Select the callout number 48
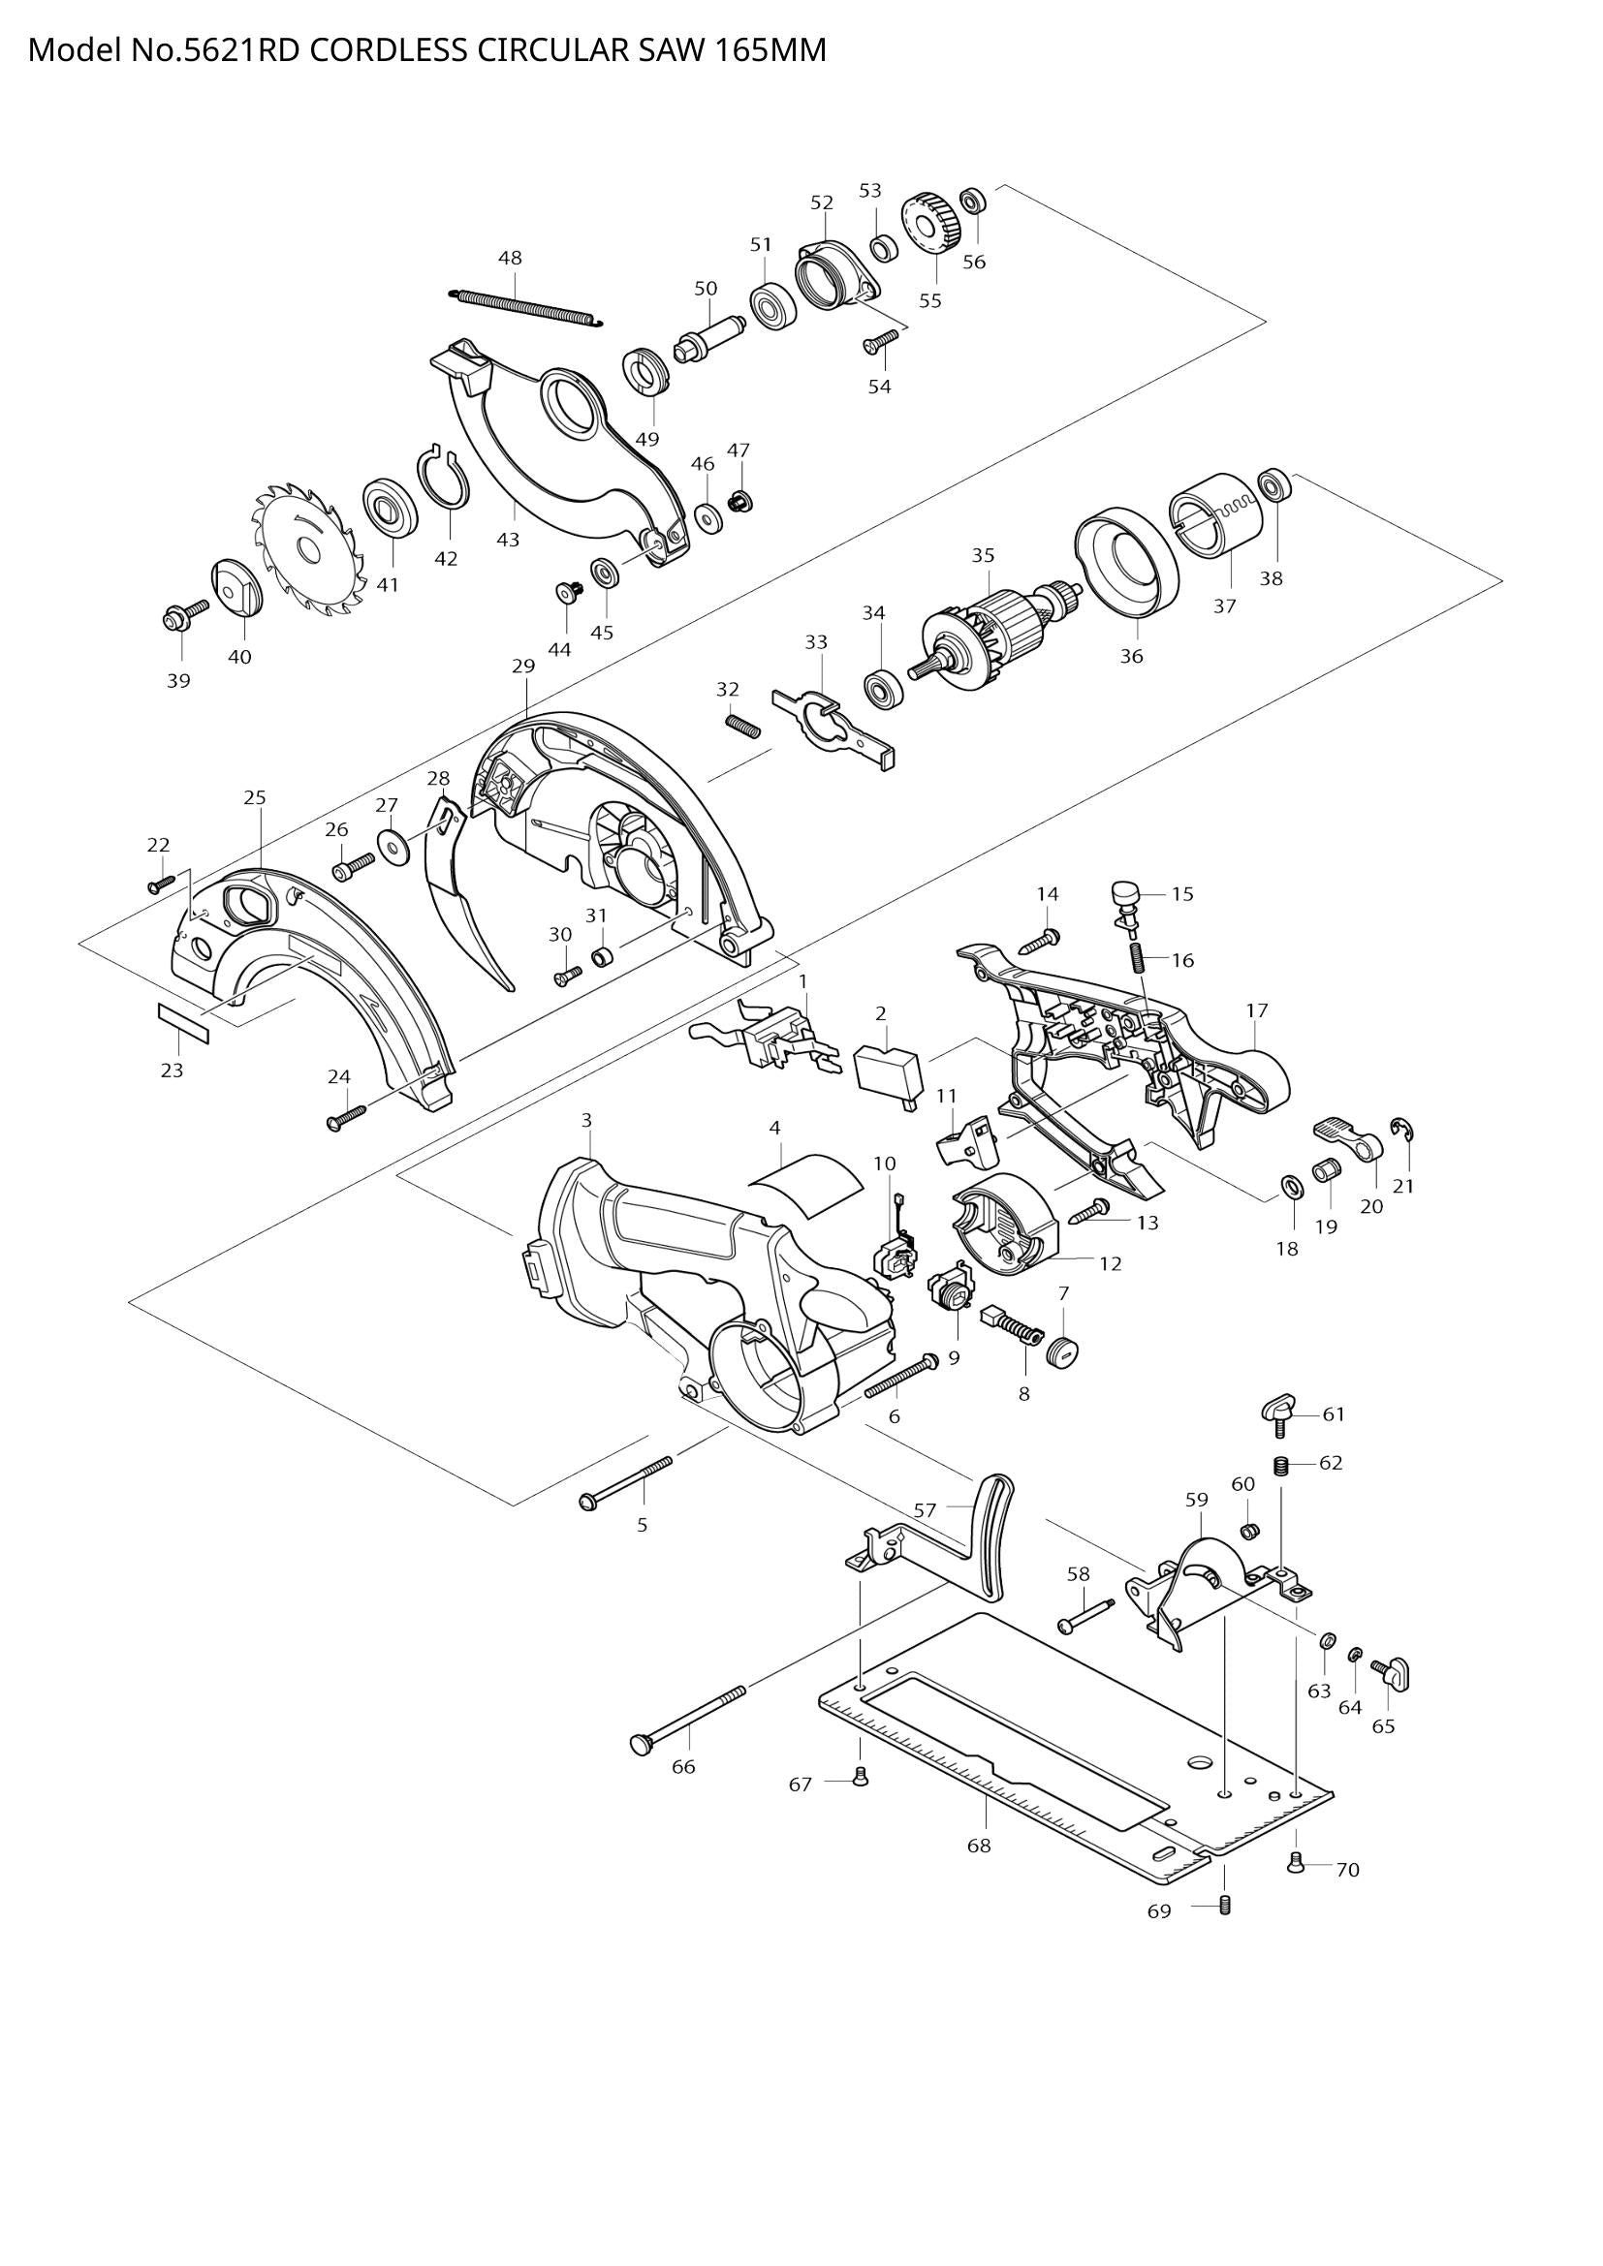coord(510,259)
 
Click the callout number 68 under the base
coord(978,1845)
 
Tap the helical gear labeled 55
coord(930,225)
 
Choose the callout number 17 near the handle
coord(1257,1010)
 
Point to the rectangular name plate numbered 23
coord(183,1021)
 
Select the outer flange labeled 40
coord(234,588)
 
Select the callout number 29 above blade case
coord(523,667)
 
